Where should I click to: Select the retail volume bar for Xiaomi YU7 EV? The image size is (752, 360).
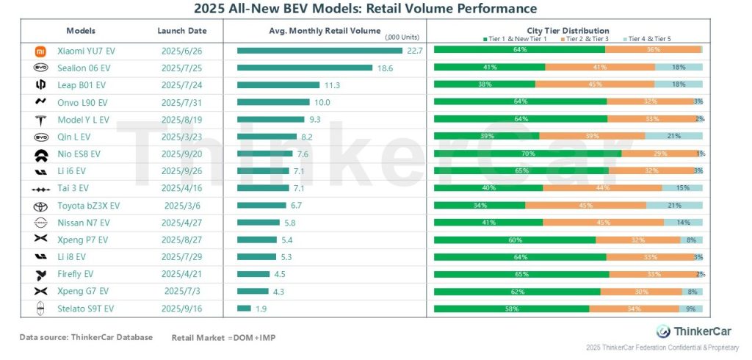[319, 51]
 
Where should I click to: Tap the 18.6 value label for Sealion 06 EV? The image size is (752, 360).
[385, 68]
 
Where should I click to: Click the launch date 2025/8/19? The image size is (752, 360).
[181, 119]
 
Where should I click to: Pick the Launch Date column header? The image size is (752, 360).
[181, 31]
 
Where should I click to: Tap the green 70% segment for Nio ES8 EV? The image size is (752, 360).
[527, 154]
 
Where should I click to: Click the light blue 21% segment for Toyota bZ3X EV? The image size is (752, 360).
[674, 205]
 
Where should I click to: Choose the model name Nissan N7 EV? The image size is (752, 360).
[83, 223]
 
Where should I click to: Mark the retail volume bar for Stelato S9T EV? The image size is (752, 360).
[244, 309]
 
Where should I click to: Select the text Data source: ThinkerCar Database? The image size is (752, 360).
[86, 337]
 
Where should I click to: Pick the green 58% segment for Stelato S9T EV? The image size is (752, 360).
[511, 309]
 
